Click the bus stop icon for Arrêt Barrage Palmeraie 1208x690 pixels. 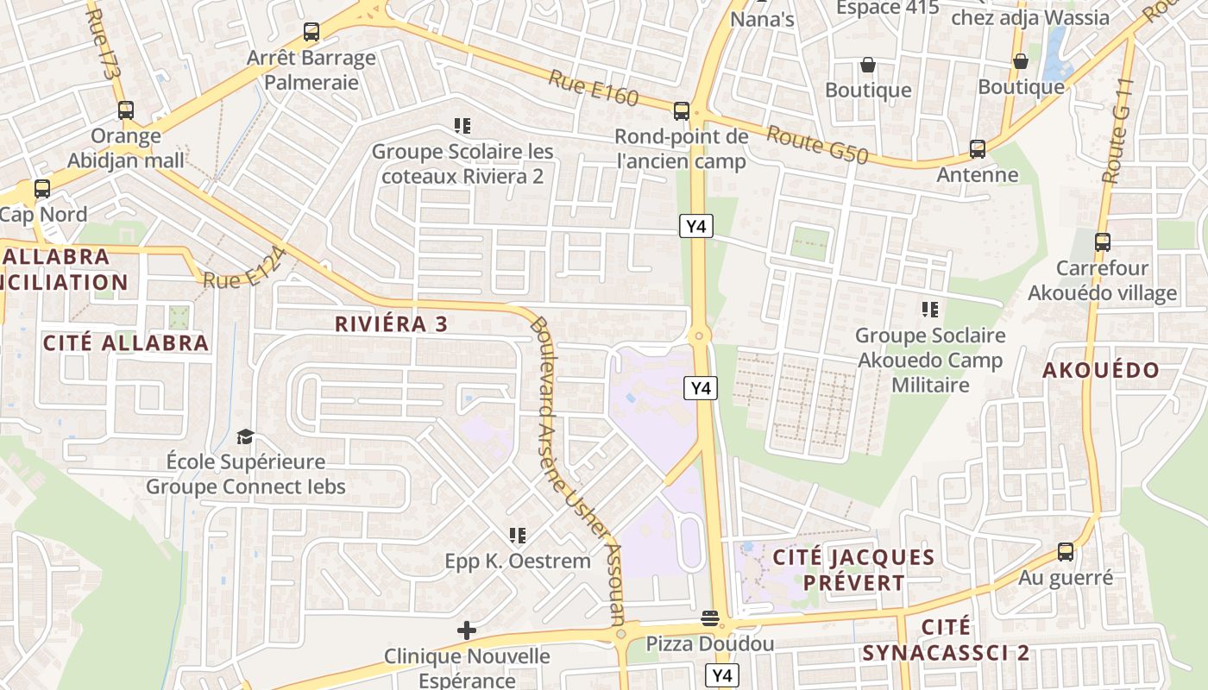[x=311, y=33]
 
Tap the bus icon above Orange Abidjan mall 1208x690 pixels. [x=126, y=110]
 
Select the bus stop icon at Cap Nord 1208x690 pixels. [x=41, y=189]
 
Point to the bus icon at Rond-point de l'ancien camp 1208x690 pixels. [x=682, y=110]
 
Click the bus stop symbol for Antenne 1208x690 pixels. [x=978, y=149]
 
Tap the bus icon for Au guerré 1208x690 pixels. [x=1066, y=552]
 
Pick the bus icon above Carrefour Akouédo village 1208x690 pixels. [x=1102, y=242]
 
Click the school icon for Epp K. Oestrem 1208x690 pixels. [x=518, y=536]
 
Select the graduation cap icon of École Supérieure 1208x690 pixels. [x=246, y=436]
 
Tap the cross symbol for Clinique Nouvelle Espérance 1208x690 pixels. [x=467, y=630]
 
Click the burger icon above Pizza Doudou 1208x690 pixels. [x=710, y=618]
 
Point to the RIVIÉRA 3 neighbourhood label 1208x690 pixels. [x=391, y=324]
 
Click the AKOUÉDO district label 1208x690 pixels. [x=1101, y=370]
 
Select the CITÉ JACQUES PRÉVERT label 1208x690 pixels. [x=853, y=569]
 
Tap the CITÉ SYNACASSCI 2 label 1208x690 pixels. [x=946, y=639]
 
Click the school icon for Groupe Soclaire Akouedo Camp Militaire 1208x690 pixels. [x=929, y=309]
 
